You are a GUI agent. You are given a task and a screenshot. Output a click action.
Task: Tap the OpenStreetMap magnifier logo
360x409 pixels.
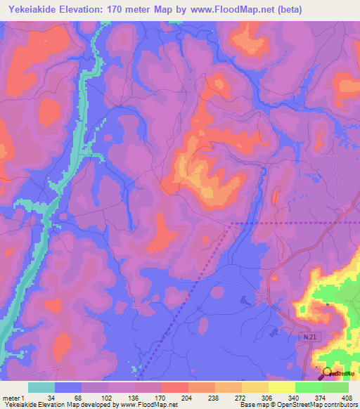click(x=328, y=373)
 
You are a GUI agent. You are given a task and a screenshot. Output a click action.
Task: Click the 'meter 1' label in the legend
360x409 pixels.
click(x=13, y=397)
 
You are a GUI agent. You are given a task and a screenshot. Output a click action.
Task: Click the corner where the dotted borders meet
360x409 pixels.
click(x=230, y=225)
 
